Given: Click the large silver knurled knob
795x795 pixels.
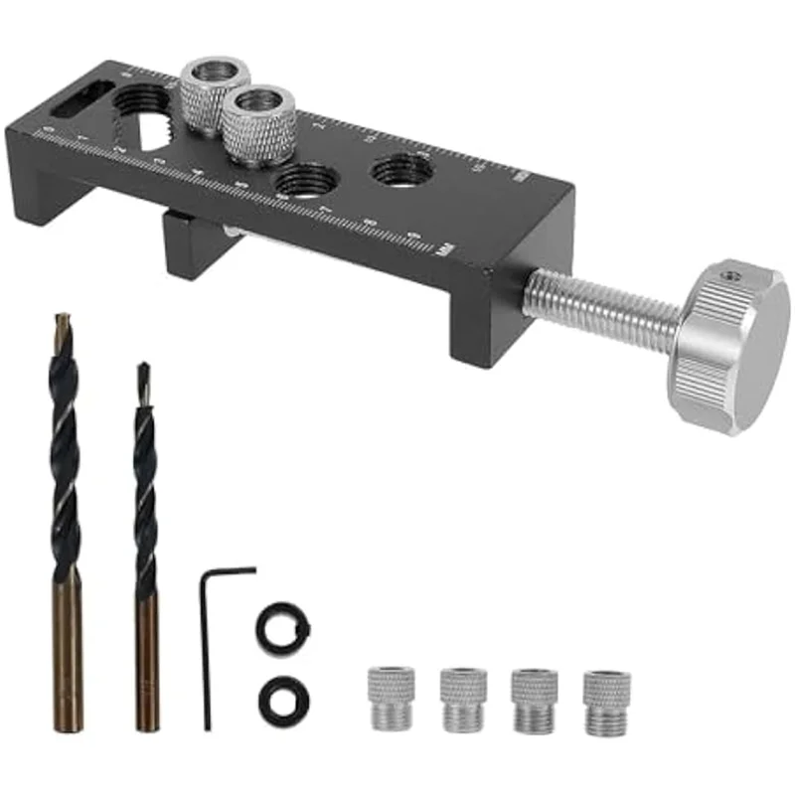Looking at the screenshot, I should coord(730,343).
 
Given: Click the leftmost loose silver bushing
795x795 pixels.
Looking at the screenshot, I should coord(392,698).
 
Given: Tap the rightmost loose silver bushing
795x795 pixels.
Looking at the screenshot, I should coord(606,702).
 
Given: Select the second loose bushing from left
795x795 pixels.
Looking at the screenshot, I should coord(463,699).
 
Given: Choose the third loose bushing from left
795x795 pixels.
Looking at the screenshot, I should coord(534,701).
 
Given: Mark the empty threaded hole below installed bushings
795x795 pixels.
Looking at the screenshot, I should coord(304,183).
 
